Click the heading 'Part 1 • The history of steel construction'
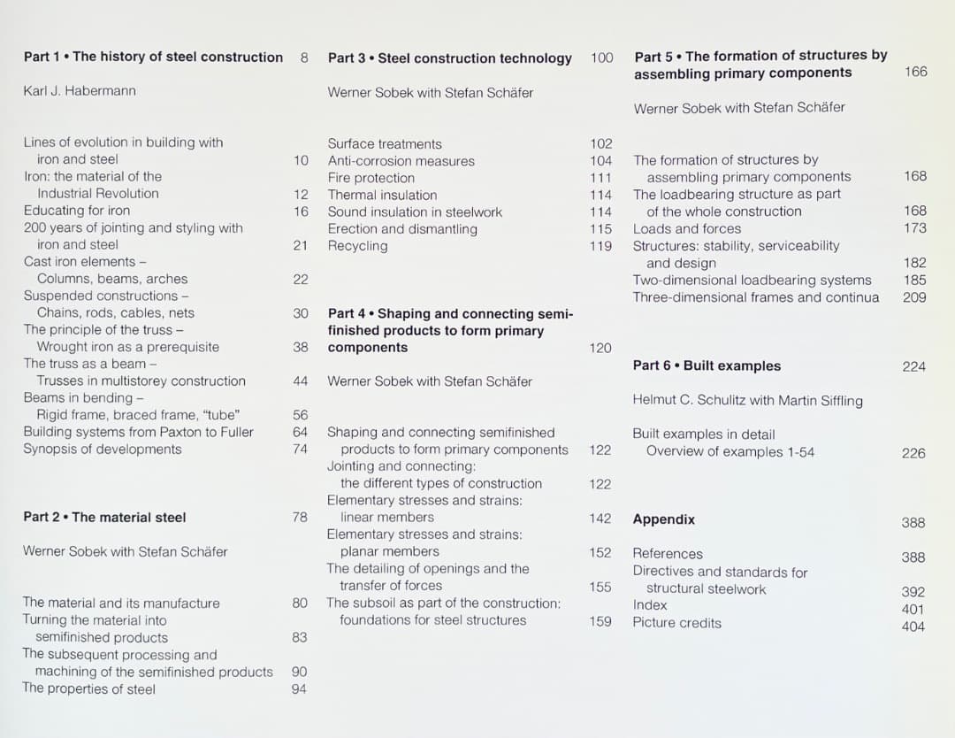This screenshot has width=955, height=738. click(x=153, y=57)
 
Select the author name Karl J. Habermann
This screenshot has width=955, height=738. click(x=80, y=91)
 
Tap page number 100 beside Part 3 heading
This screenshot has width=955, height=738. click(x=601, y=58)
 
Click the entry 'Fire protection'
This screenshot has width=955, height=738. click(x=371, y=178)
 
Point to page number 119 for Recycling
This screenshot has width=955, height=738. click(x=600, y=246)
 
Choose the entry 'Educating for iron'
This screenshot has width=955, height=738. click(x=76, y=211)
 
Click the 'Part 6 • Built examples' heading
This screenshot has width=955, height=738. click(x=707, y=365)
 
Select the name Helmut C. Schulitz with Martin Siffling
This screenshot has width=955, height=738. click(x=747, y=400)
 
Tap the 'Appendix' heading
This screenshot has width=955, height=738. click(x=663, y=519)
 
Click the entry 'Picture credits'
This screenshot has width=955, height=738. click(x=676, y=623)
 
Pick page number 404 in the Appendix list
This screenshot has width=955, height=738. click(x=913, y=627)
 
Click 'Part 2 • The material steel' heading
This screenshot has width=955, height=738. click(x=104, y=518)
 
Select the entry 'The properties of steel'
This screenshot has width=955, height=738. click(x=88, y=689)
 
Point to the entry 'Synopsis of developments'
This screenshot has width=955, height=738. click(x=102, y=450)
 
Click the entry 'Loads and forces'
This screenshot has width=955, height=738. click(x=686, y=228)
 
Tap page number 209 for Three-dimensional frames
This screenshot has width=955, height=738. click(x=914, y=297)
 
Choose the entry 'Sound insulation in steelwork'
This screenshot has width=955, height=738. click(x=415, y=212)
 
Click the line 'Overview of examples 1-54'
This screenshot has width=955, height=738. click(x=730, y=451)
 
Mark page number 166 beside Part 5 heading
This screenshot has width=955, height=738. click(x=915, y=72)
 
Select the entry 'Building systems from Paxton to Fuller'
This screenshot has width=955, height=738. click(x=138, y=432)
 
